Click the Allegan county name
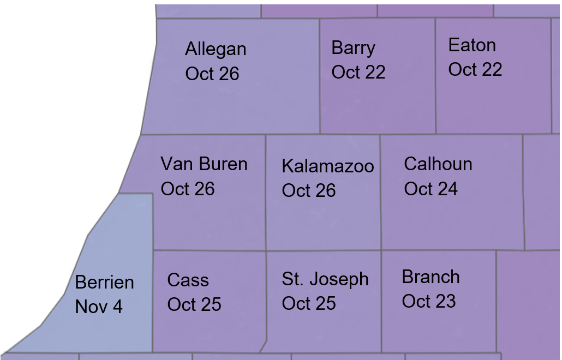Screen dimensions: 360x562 (216, 50)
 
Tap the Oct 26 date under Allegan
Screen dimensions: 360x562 (212, 74)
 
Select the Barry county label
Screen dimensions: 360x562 (353, 48)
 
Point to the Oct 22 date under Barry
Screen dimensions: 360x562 (358, 72)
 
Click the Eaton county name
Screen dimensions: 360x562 (472, 45)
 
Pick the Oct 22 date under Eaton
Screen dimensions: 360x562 (475, 69)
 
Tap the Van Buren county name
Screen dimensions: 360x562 (204, 164)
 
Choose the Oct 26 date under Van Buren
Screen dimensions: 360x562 (188, 189)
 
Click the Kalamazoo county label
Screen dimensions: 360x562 (328, 166)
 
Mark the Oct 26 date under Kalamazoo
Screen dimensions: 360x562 (309, 190)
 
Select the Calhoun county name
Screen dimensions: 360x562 (438, 164)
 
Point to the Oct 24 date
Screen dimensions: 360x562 (431, 189)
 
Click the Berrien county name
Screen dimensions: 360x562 (104, 283)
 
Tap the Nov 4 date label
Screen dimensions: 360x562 (99, 307)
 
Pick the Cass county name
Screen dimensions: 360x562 (188, 280)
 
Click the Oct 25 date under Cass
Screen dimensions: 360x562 (194, 304)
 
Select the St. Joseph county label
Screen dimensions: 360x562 (325, 279)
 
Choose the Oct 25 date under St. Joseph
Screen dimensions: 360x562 (309, 303)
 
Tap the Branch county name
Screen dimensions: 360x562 (431, 277)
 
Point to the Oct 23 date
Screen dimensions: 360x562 (429, 301)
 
